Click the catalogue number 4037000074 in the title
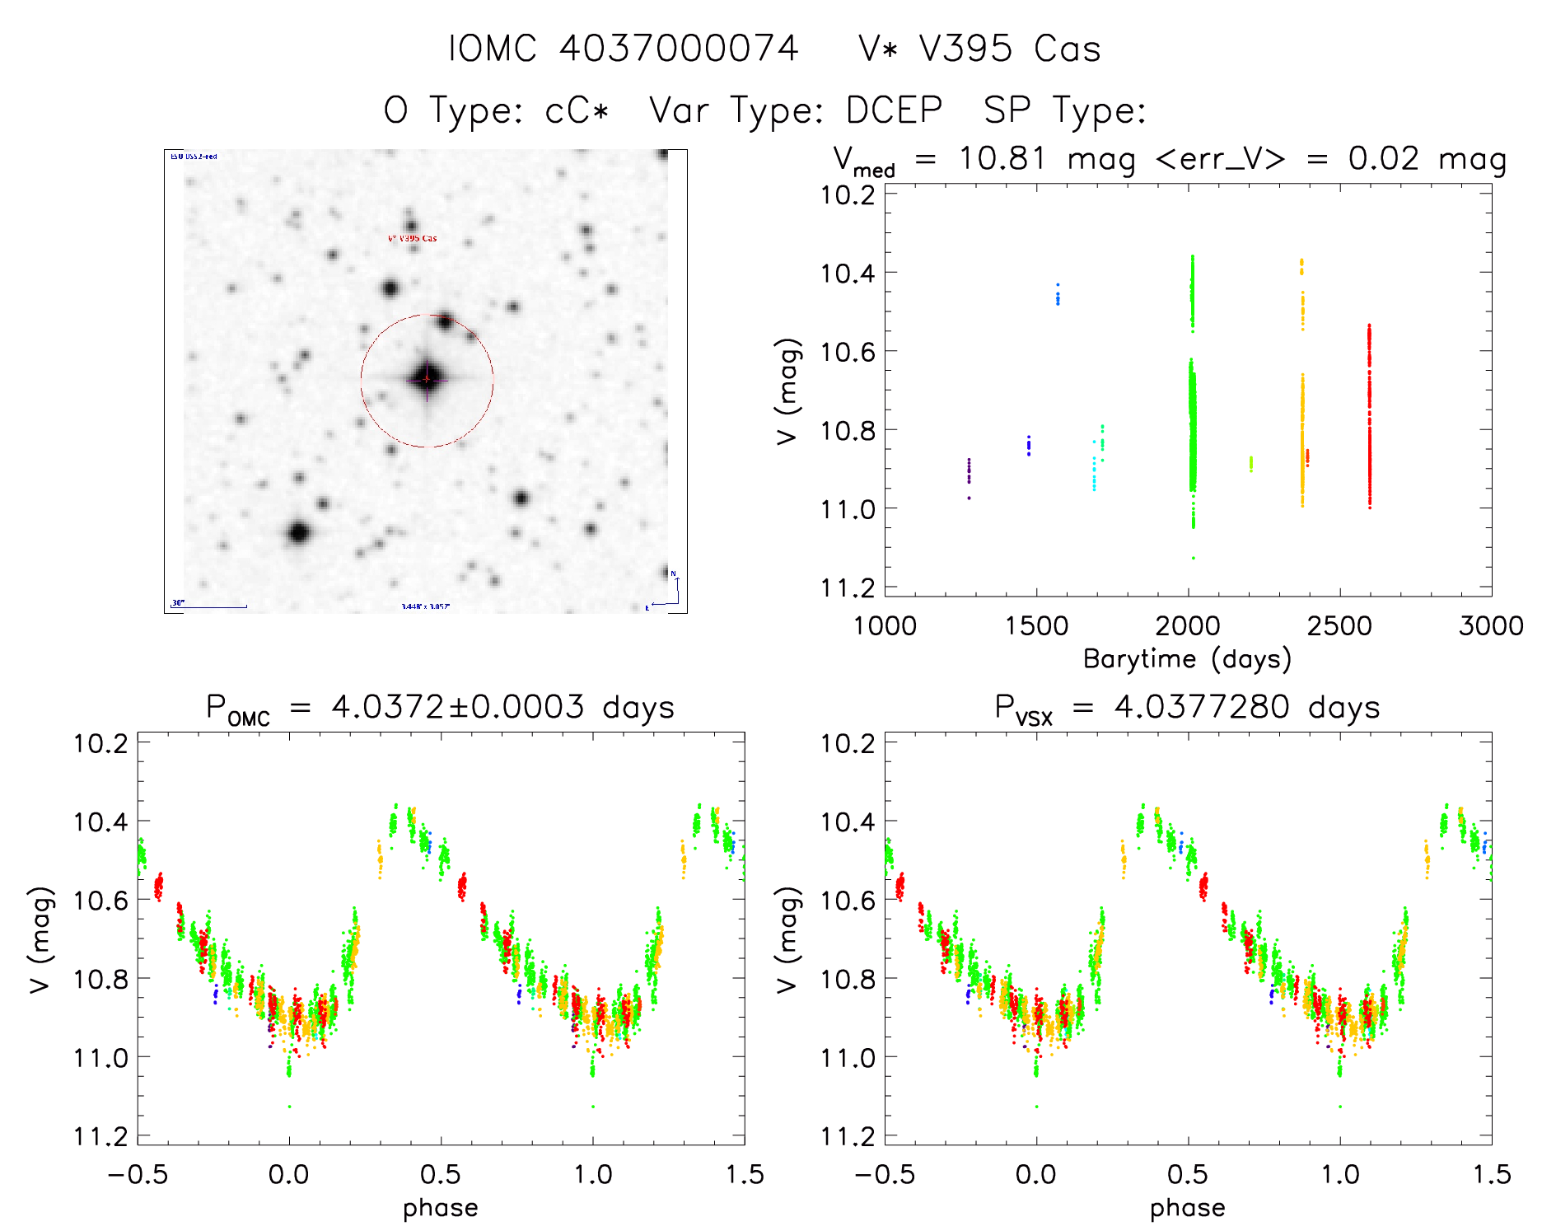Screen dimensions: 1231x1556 point(679,49)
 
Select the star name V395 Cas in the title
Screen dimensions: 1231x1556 point(1010,49)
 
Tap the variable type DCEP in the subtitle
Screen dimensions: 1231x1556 point(895,110)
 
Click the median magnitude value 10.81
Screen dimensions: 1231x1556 point(1002,158)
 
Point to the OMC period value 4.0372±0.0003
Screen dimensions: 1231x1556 point(457,707)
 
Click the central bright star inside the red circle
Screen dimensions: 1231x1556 point(427,379)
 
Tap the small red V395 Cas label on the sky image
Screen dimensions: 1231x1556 point(413,238)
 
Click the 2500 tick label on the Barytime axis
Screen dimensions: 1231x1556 point(1339,626)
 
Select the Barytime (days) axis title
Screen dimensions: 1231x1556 point(1187,659)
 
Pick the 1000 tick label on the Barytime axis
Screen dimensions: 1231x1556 point(885,626)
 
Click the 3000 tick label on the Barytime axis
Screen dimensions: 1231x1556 point(1491,626)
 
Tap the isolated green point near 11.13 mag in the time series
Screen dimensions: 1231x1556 point(1193,558)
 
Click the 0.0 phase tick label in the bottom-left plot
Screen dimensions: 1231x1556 point(289,1174)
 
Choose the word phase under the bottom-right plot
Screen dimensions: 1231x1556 point(1187,1208)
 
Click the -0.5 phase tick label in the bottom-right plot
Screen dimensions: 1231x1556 point(885,1174)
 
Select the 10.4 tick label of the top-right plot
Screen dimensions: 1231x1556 point(847,273)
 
